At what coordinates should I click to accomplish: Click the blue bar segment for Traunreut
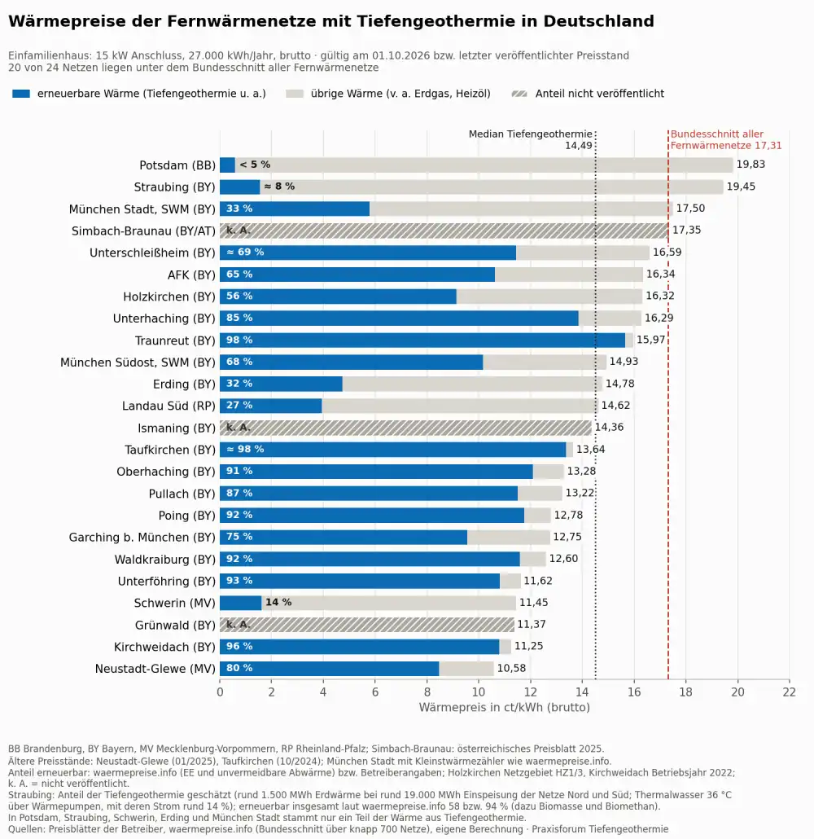pyautogui.click(x=422, y=340)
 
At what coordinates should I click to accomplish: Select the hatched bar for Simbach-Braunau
pyautogui.click(x=444, y=231)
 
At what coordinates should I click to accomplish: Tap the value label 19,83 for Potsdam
pyautogui.click(x=751, y=165)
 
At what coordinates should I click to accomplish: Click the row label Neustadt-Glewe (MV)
pyautogui.click(x=155, y=669)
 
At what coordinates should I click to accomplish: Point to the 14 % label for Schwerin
pyautogui.click(x=278, y=603)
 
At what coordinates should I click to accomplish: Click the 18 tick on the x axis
pyautogui.click(x=685, y=692)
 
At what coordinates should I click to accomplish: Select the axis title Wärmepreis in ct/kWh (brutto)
pyautogui.click(x=505, y=707)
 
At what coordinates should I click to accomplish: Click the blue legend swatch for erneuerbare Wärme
pyautogui.click(x=21, y=94)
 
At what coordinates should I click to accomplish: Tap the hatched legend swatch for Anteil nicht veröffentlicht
pyautogui.click(x=519, y=94)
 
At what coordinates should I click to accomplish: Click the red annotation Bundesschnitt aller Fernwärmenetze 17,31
pyautogui.click(x=726, y=139)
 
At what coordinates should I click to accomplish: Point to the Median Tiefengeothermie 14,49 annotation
pyautogui.click(x=531, y=139)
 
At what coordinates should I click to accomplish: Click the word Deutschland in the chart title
pyautogui.click(x=598, y=21)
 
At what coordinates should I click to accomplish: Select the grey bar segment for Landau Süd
pyautogui.click(x=459, y=406)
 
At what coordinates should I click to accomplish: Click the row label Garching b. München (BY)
pyautogui.click(x=142, y=538)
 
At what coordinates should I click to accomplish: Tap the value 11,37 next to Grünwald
pyautogui.click(x=531, y=625)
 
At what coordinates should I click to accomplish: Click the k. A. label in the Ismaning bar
pyautogui.click(x=238, y=428)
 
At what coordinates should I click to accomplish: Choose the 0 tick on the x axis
pyautogui.click(x=220, y=692)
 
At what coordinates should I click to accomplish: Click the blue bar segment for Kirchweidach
pyautogui.click(x=360, y=647)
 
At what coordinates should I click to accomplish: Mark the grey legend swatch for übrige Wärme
pyautogui.click(x=295, y=94)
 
